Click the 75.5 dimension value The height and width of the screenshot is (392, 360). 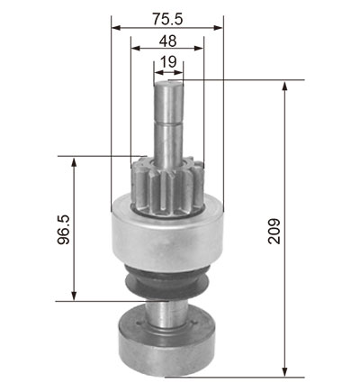(x=167, y=19)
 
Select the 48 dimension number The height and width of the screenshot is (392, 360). (x=167, y=41)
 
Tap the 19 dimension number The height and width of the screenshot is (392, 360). (x=168, y=62)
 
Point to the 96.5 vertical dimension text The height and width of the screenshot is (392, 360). (x=64, y=230)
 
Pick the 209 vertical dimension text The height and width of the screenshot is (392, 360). (x=274, y=231)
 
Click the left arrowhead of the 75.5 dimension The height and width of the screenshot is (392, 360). (x=116, y=28)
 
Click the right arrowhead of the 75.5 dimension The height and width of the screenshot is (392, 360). (x=219, y=28)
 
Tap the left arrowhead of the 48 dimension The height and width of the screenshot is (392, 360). (x=136, y=48)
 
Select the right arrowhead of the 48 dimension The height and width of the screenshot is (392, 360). (x=199, y=48)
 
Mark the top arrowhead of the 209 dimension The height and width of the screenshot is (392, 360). (x=285, y=86)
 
